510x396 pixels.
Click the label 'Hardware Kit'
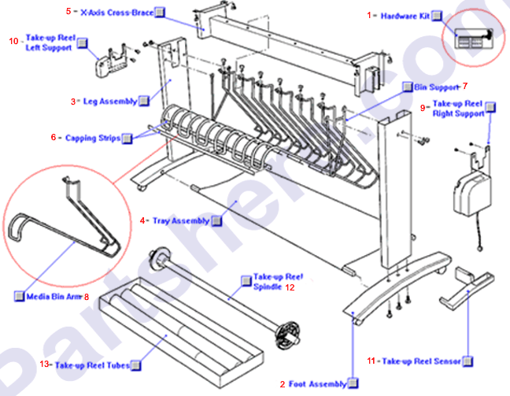405,16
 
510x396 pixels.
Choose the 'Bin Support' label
437,87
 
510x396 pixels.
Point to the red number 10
14,41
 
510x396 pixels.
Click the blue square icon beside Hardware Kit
438,17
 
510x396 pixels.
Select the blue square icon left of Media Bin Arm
20,297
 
